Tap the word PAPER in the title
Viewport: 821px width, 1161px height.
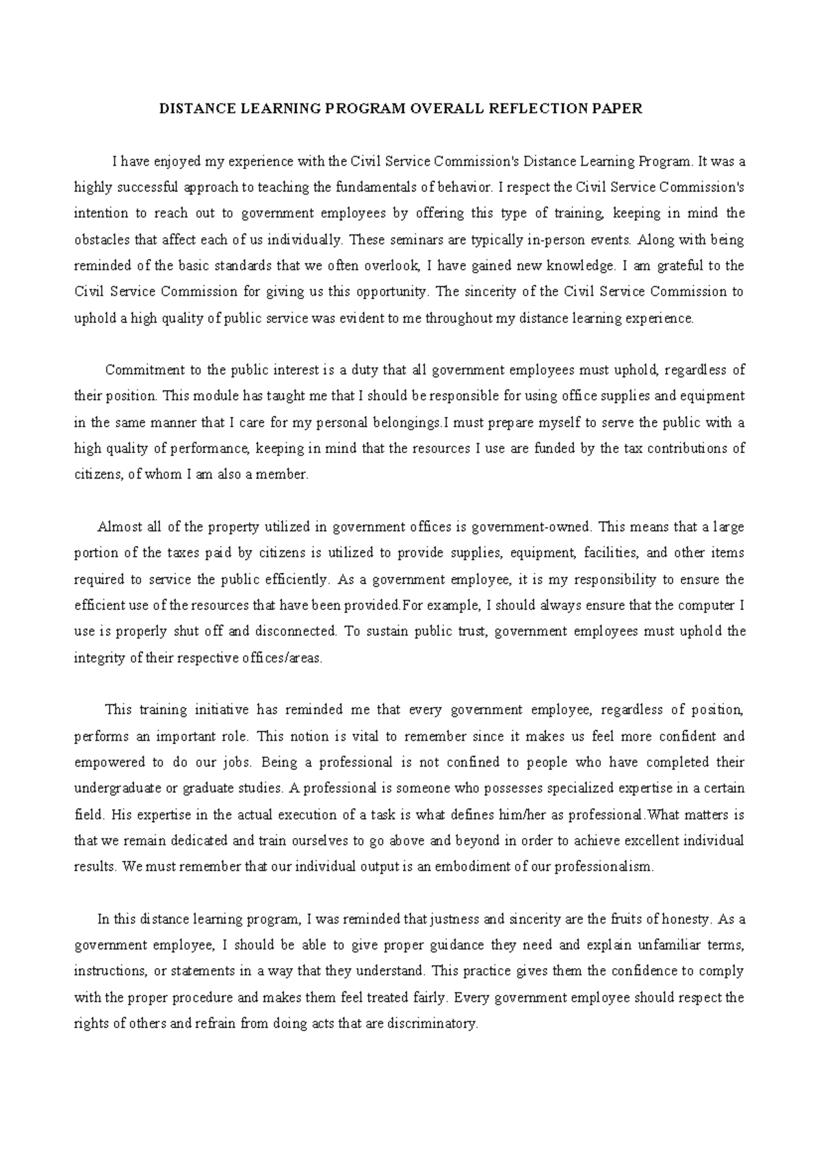621,109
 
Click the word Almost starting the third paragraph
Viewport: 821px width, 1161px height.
120,527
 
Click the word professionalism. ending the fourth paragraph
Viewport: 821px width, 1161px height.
604,867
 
